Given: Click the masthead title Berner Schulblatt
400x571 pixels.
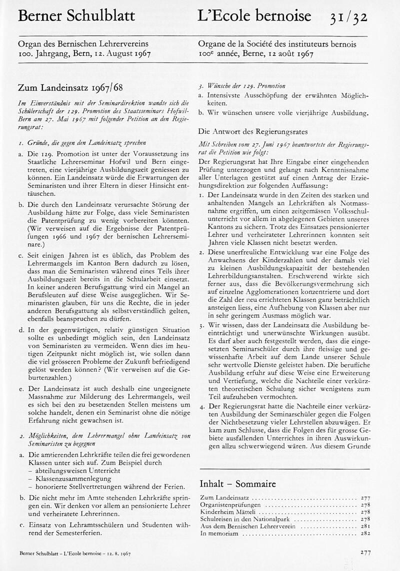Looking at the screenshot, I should pyautogui.click(x=76, y=16).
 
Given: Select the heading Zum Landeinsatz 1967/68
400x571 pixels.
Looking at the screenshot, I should pyautogui.click(x=70, y=88).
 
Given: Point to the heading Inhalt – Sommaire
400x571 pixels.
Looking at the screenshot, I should pyautogui.click(x=237, y=484).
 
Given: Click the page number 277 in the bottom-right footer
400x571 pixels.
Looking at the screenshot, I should pyautogui.click(x=365, y=553).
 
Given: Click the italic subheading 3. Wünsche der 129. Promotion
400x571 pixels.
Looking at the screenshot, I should pyautogui.click(x=242, y=85).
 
